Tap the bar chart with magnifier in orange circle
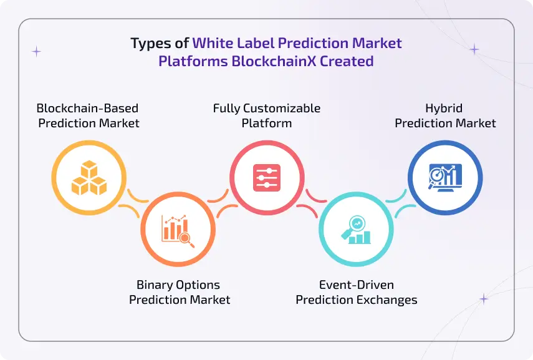[177, 229]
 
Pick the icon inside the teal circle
[356, 229]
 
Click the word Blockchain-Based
[87, 108]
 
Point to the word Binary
[153, 285]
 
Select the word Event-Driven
[357, 285]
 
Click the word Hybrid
[445, 108]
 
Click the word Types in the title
[150, 44]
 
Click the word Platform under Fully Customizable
[267, 123]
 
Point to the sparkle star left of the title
[36, 52]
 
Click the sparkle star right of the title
[474, 49]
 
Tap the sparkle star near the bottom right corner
[483, 299]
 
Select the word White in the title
[214, 44]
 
